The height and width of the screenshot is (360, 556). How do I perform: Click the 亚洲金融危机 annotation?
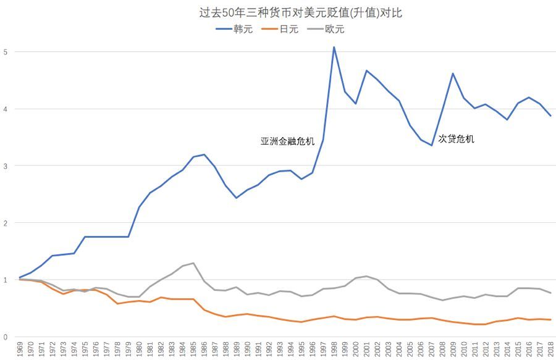[287, 141]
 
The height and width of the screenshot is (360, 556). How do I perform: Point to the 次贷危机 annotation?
[456, 139]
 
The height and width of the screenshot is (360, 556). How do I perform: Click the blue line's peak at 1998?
[334, 47]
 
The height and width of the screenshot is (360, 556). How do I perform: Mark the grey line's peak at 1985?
[194, 263]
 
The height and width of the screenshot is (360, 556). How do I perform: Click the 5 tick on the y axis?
[6, 52]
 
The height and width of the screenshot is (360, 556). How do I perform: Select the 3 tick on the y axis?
[6, 165]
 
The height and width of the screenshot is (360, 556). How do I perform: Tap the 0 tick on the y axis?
[6, 337]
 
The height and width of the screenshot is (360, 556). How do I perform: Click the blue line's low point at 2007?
[431, 146]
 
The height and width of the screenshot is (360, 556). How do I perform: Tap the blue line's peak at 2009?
[453, 73]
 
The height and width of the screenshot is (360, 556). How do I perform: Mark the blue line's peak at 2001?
[366, 70]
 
